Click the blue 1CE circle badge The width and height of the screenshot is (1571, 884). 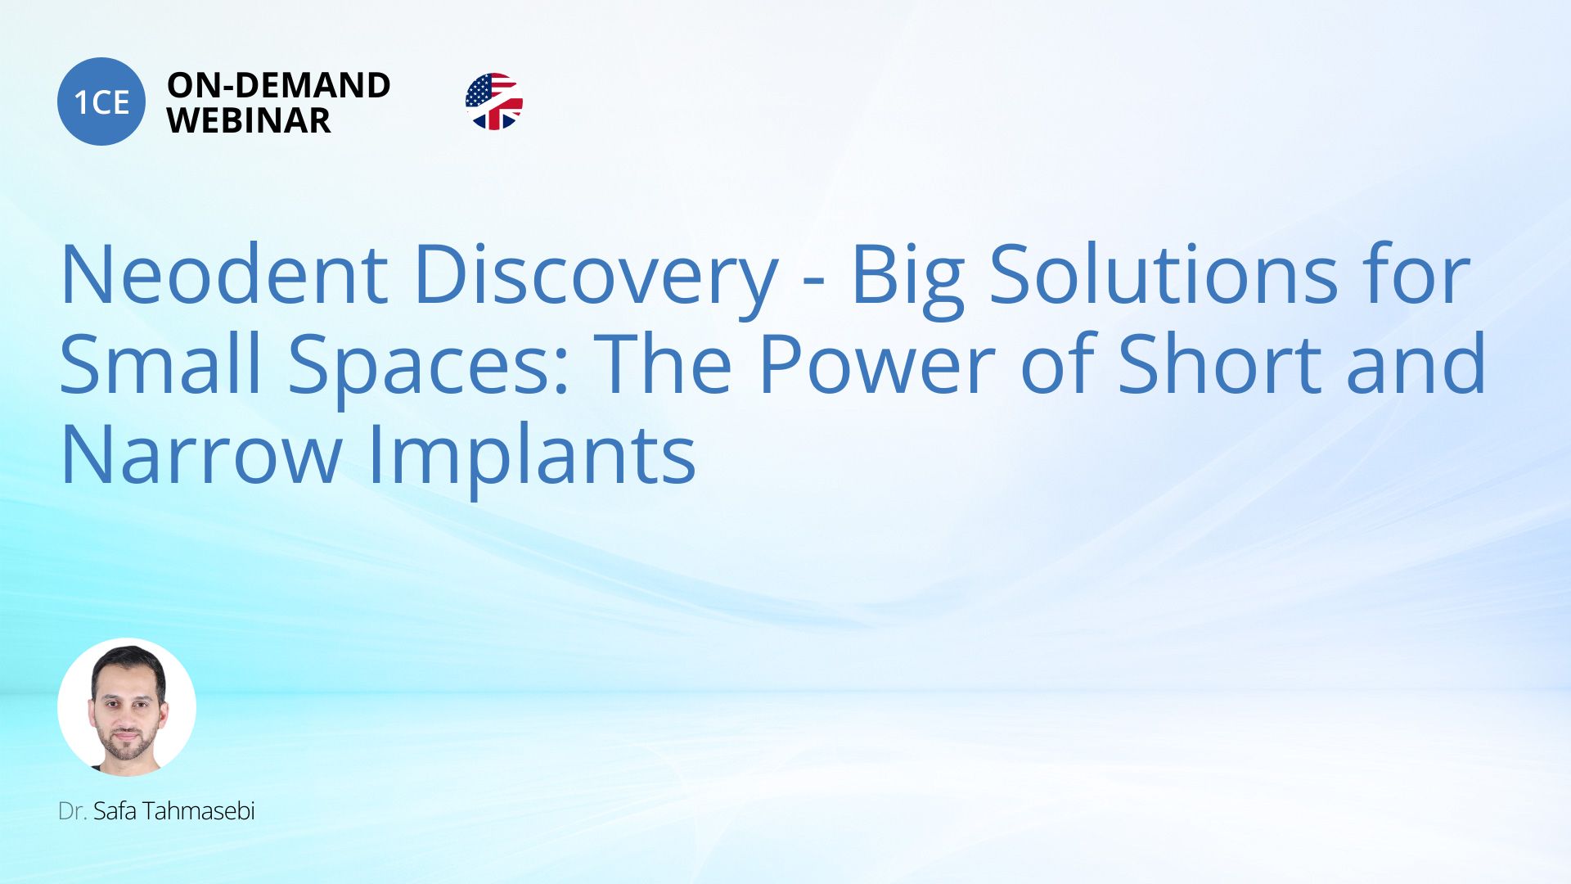coord(101,101)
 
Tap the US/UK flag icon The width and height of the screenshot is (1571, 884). coord(494,101)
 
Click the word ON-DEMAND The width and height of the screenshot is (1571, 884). coord(278,85)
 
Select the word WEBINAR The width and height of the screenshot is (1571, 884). coord(249,120)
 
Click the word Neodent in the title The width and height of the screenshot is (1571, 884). coord(224,275)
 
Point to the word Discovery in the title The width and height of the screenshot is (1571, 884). coord(596,278)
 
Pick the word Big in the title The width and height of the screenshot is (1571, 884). coord(908,278)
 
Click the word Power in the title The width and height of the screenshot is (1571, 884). coord(876,363)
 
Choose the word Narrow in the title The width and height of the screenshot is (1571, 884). coord(201,454)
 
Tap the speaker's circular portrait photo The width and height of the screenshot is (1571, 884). coord(127,707)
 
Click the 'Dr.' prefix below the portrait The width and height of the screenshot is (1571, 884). coord(72,811)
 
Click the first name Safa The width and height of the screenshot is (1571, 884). coord(114,810)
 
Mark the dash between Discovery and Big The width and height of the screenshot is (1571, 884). coord(813,282)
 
